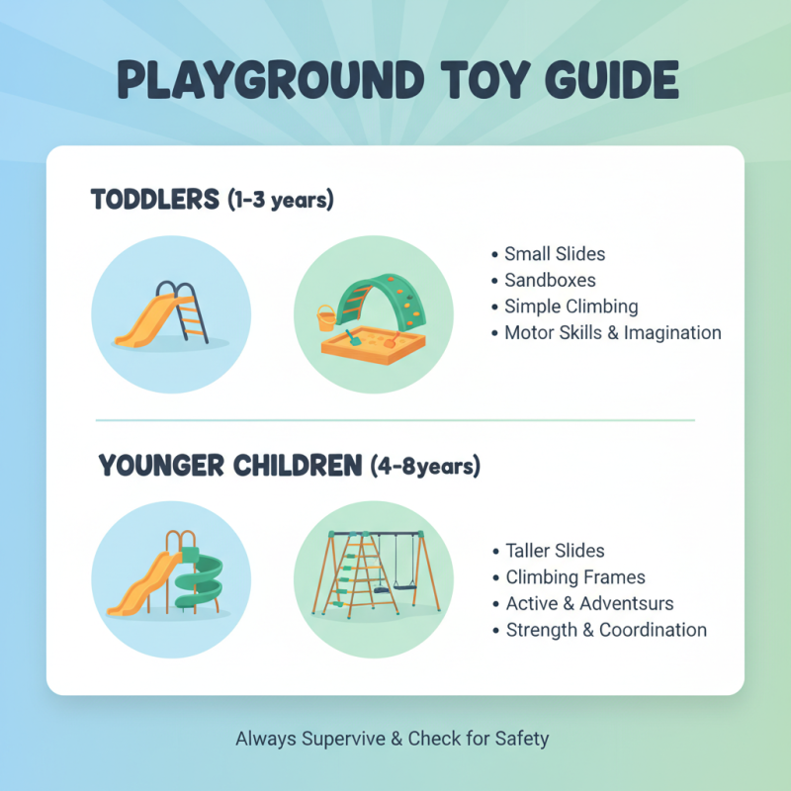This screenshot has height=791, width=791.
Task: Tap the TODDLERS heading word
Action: (154, 200)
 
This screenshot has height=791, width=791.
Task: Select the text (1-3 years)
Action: (281, 200)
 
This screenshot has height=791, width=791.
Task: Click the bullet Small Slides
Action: (554, 254)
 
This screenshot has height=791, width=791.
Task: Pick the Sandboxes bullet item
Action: (550, 280)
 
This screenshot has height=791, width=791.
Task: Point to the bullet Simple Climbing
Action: (571, 307)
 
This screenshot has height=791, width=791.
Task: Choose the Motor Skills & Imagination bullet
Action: (612, 333)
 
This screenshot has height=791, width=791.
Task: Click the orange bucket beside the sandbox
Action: (326, 318)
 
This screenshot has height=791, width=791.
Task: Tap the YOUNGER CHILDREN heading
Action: (229, 466)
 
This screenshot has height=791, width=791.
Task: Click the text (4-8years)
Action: (426, 466)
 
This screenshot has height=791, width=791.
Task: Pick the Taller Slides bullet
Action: (555, 551)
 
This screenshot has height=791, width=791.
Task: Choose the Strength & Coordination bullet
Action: (606, 630)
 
